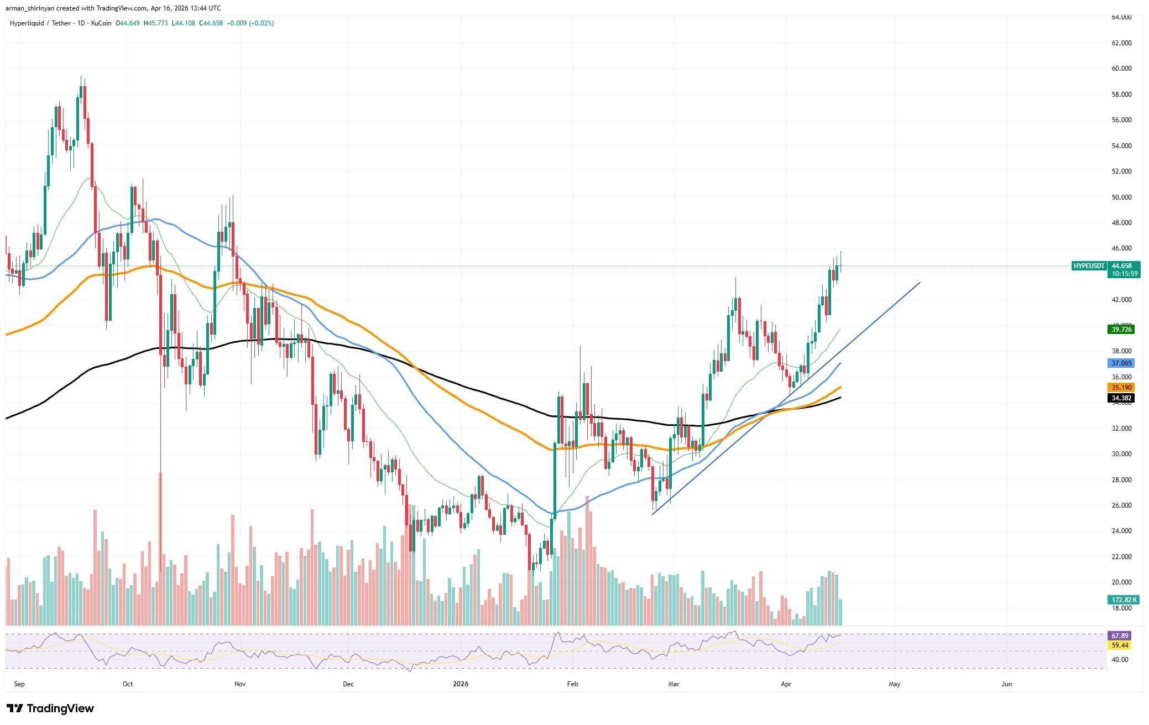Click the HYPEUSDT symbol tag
[x=1089, y=266]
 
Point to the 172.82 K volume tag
[x=1123, y=600]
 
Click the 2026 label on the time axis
[x=460, y=684]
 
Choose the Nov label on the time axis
[x=239, y=684]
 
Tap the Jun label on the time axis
[x=1006, y=684]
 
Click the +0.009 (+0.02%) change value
[x=249, y=23]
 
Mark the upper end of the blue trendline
[x=920, y=283]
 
